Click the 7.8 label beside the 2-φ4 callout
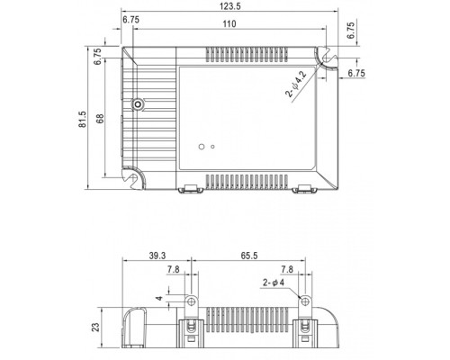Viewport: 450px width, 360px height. click(287, 268)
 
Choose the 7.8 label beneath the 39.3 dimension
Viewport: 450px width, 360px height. click(171, 268)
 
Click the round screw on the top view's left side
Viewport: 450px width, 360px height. click(138, 105)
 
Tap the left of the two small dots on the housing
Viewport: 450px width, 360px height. click(200, 145)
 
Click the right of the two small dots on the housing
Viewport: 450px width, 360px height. click(211, 145)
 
